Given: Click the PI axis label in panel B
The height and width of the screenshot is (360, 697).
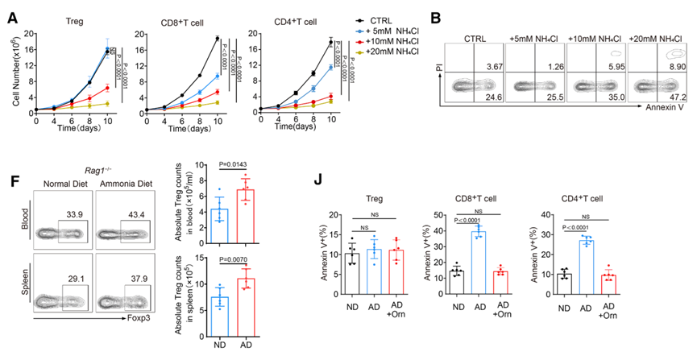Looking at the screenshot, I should (440, 77).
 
